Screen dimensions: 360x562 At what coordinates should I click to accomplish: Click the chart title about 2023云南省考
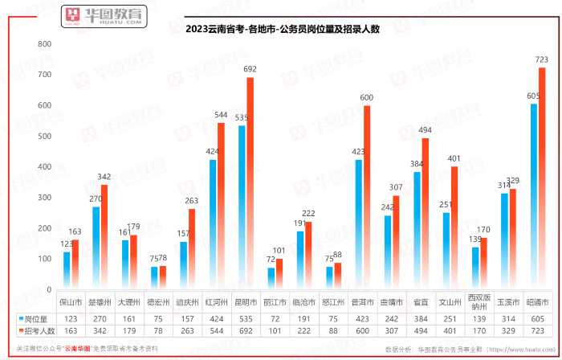coord(282,30)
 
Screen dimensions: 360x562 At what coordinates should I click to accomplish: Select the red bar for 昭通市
coord(542,177)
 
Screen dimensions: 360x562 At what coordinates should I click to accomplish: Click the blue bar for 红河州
coord(213,224)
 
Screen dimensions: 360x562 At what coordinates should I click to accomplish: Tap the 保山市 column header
coord(71,304)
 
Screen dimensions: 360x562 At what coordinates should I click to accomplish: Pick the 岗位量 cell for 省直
coord(421,317)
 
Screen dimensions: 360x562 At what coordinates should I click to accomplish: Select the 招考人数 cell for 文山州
coord(450,329)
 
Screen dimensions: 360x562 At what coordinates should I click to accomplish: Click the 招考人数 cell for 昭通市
coord(537,329)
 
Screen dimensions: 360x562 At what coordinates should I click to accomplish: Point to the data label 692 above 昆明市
coord(250,70)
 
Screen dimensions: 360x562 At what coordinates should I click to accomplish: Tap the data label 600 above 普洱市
coord(367,98)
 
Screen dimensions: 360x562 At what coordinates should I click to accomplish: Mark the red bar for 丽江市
coord(279,273)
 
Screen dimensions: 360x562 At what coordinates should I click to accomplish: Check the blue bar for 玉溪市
coord(503,241)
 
